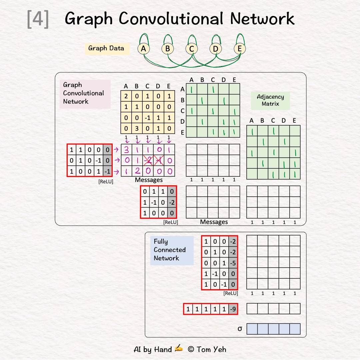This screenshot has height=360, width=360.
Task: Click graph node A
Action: click(143, 49)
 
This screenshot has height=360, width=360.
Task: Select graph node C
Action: click(191, 49)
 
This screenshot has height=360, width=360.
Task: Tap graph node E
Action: click(239, 49)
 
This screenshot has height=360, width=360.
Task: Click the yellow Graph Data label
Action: click(106, 48)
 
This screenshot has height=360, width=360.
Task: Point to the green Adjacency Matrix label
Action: click(270, 100)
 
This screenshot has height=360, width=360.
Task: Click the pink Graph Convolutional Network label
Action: click(84, 93)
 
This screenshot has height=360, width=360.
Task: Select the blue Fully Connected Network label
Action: click(170, 250)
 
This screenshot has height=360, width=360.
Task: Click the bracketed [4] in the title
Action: click(38, 19)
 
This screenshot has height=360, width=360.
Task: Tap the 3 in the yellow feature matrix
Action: click(137, 129)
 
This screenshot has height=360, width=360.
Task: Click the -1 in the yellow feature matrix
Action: click(147, 118)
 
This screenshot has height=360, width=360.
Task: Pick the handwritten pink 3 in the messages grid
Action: click(126, 149)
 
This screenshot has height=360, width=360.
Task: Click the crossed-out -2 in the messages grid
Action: click(148, 160)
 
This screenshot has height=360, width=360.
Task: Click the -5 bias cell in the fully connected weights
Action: click(233, 263)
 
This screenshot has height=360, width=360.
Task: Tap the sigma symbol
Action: click(240, 329)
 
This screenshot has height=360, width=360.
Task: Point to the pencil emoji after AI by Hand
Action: click(179, 349)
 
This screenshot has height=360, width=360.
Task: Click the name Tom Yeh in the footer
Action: click(211, 349)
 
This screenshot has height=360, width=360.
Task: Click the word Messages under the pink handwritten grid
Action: click(149, 180)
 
